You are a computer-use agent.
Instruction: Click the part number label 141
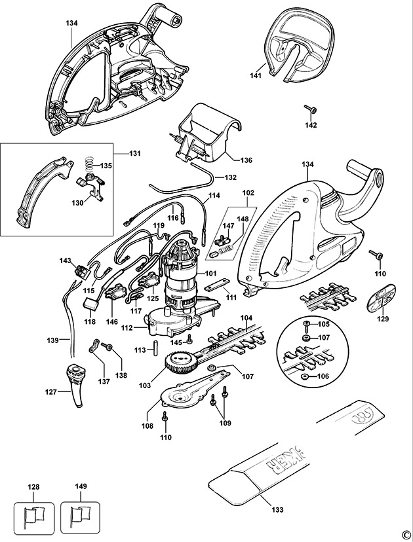(x=256, y=76)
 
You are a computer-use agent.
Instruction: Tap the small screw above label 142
(x=308, y=109)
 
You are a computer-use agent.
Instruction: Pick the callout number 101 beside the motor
(x=211, y=273)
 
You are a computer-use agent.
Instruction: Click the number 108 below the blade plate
(x=147, y=425)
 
